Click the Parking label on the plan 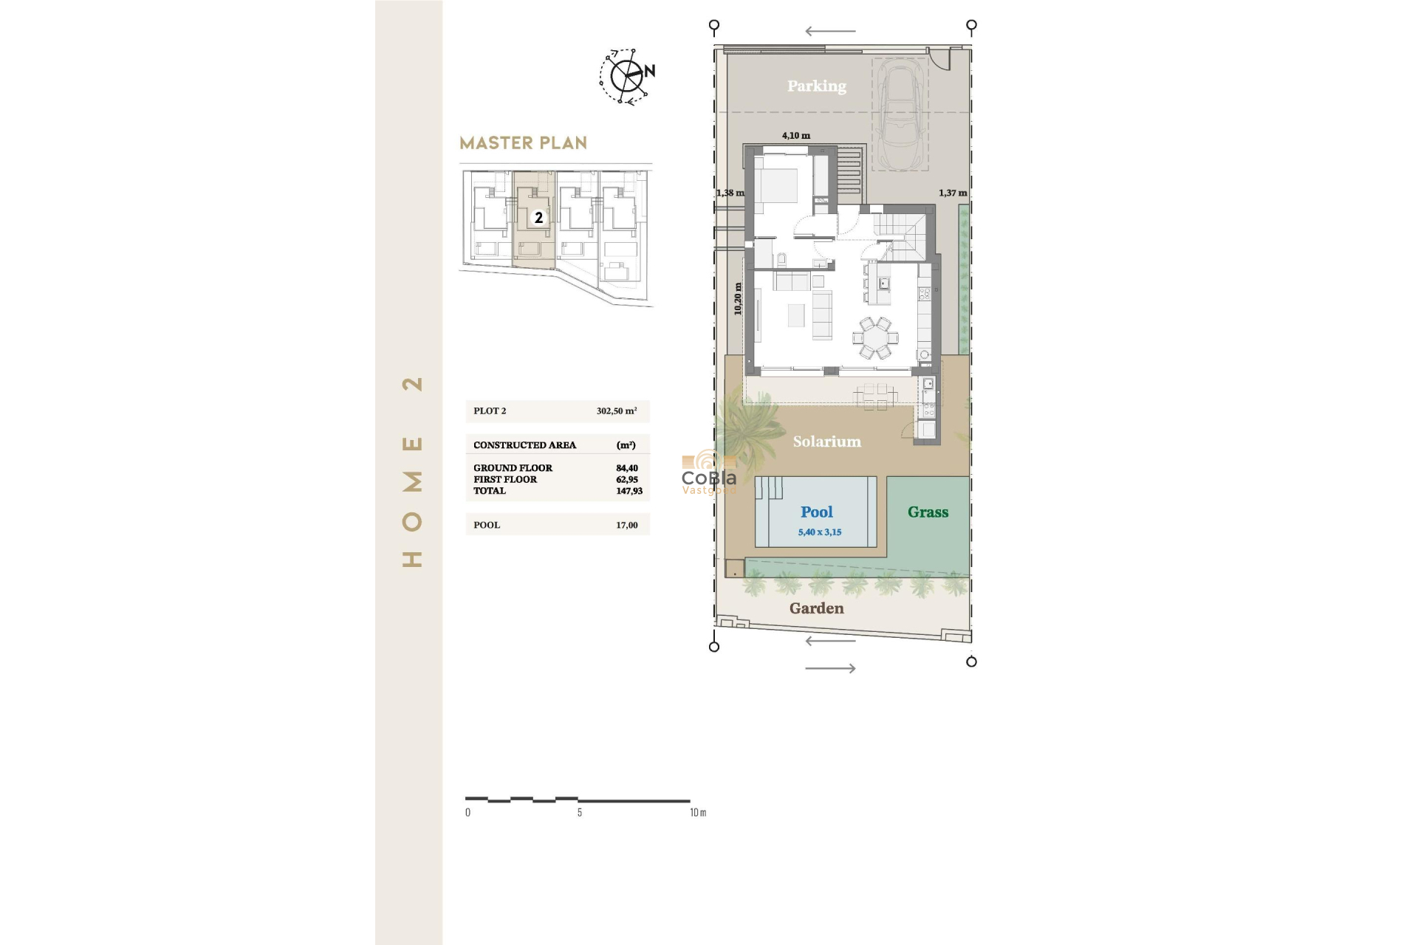coord(816,86)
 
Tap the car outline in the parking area coord(900,114)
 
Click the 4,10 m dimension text coord(795,136)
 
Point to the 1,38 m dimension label coord(730,193)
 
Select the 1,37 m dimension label coord(952,193)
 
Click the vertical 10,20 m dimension coord(737,299)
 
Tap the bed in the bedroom coord(776,185)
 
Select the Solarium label coord(826,441)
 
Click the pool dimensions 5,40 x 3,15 coord(819,532)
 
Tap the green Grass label coord(928,512)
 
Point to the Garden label coord(816,608)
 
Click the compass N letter coord(649,72)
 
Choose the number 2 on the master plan coord(538,218)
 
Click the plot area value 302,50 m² coord(616,411)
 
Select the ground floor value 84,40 coord(626,468)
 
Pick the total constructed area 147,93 coord(628,491)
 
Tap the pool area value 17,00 coord(626,526)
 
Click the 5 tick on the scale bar coord(579,812)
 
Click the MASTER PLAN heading coord(523,143)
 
